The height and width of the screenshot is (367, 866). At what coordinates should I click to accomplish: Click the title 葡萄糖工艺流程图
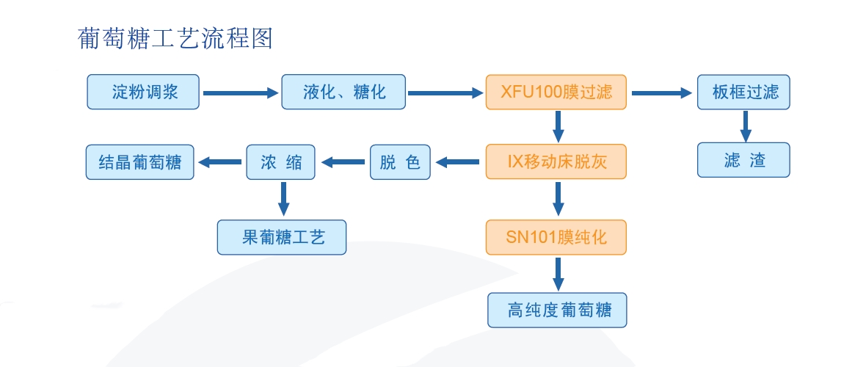click(x=175, y=39)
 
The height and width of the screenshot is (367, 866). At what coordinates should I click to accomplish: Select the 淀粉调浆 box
click(x=143, y=92)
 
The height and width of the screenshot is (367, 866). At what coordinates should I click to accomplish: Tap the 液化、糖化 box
click(x=343, y=92)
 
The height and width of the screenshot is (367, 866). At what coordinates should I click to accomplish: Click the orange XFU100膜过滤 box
click(x=556, y=92)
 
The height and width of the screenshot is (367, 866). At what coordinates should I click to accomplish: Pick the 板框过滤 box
click(x=743, y=92)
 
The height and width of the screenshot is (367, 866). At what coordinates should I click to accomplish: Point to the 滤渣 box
click(x=743, y=160)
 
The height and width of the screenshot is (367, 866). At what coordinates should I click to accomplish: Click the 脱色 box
click(x=400, y=162)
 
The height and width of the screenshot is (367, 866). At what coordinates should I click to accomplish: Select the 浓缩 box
click(x=280, y=162)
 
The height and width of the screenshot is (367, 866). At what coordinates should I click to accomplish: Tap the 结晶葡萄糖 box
click(x=139, y=162)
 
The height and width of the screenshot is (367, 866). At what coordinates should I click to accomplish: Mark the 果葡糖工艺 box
click(x=281, y=237)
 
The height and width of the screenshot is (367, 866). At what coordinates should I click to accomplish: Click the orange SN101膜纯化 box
click(x=556, y=237)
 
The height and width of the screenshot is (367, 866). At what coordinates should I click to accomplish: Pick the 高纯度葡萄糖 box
click(x=557, y=310)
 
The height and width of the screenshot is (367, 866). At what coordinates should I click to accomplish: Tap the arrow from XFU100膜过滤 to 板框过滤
click(x=661, y=93)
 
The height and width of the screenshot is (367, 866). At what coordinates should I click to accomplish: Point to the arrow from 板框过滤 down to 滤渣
click(x=746, y=126)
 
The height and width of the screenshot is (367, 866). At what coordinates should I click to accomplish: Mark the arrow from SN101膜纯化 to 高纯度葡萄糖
click(x=558, y=273)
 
